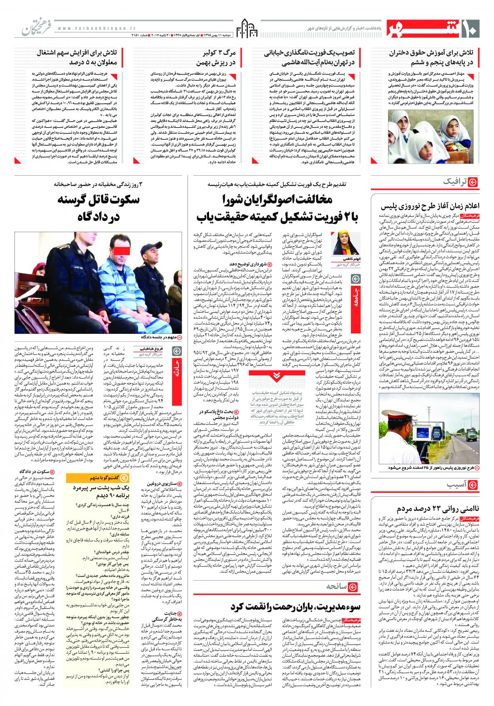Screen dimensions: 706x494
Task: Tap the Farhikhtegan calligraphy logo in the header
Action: (x=33, y=27)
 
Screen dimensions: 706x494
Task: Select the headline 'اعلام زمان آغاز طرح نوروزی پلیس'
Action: (x=431, y=206)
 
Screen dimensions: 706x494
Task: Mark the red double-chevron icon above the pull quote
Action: (x=275, y=376)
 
